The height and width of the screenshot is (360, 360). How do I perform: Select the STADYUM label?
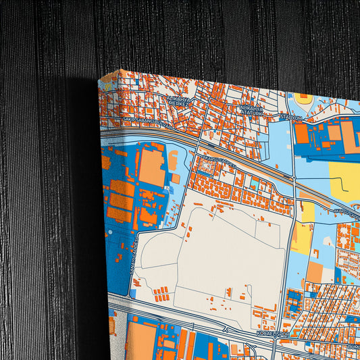tap(291, 118)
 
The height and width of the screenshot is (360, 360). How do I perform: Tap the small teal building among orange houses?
tap(253, 183)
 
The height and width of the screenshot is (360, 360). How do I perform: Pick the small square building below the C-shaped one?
tap(176, 178)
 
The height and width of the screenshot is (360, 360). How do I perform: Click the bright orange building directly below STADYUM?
tap(301, 134)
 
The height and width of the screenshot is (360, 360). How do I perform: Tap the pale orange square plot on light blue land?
tap(315, 272)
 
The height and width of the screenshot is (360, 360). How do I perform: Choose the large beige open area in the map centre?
tap(223, 250)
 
